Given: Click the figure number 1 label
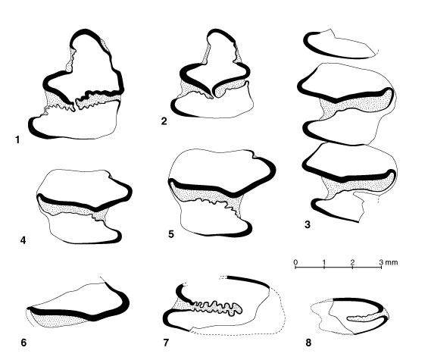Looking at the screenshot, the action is click(18, 140).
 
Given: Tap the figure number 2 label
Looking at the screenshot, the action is click(164, 121).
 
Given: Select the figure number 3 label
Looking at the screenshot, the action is click(308, 224).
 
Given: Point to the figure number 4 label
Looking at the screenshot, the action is click(23, 240).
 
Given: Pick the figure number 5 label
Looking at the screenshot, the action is click(171, 234).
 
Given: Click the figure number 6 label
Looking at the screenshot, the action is click(23, 343).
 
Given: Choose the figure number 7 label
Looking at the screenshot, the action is click(166, 343).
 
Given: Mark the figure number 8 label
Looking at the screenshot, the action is click(308, 343).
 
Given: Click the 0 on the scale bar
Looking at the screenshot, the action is click(295, 261).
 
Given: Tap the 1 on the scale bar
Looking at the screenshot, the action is click(324, 261).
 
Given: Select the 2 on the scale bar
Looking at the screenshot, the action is click(352, 261).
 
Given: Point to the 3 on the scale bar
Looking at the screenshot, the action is click(381, 261).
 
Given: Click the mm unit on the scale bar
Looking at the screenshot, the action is click(392, 262).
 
